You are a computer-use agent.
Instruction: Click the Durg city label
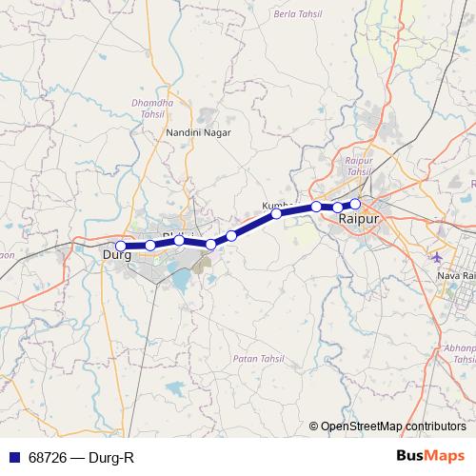pos(116,254)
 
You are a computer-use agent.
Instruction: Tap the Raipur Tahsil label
pos(357,167)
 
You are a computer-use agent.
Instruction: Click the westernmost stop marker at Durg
pos(120,246)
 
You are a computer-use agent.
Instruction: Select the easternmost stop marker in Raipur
pos(356,204)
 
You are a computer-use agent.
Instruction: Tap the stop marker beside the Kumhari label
pos(276,214)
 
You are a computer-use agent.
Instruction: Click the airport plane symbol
pos(437,257)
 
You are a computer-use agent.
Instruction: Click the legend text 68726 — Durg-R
pos(81,458)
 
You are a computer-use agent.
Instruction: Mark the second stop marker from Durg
pos(150,246)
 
